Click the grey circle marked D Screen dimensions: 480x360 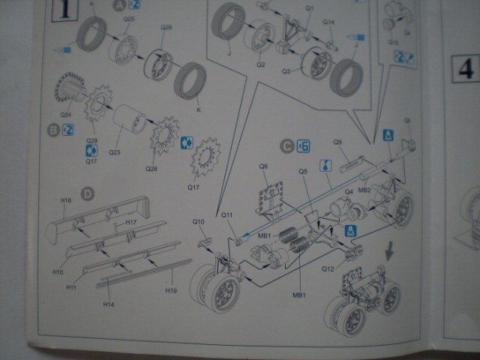87,194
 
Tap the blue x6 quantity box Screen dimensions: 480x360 304,145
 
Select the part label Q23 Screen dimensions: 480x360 114,153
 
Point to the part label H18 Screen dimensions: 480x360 66,201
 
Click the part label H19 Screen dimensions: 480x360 171,289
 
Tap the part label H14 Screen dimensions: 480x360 109,304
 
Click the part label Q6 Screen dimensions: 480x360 264,166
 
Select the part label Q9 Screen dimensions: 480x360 337,142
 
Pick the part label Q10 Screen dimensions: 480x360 199,222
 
